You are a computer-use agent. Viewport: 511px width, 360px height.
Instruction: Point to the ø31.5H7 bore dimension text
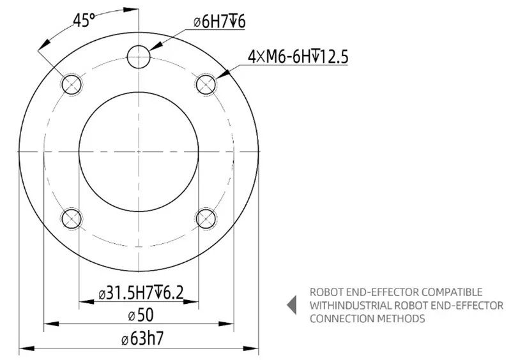141,293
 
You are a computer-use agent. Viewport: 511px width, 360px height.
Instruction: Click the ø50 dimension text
139,315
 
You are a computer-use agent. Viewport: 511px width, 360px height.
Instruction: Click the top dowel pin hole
139,57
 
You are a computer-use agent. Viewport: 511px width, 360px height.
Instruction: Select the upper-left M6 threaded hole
70,83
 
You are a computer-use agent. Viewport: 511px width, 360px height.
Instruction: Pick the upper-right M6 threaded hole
206,83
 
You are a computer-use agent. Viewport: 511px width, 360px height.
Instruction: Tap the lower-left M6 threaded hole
70,219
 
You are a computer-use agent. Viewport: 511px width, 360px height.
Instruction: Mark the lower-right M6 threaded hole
206,219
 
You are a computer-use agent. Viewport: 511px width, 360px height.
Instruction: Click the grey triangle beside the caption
292,305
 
